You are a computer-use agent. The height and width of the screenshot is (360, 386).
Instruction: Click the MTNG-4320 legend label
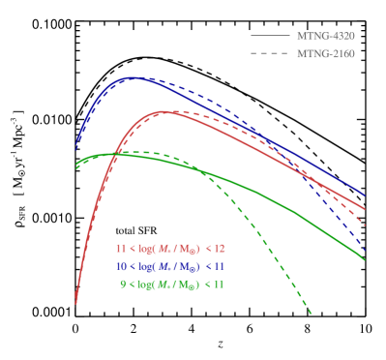tap(326, 36)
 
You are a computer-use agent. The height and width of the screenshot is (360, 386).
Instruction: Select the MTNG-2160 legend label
tap(326, 53)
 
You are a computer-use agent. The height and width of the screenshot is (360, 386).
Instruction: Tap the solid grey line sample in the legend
tap(270, 36)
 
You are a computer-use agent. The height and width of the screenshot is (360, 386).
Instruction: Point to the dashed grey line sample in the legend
tap(270, 53)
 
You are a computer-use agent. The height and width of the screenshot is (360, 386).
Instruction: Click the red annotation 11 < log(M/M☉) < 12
tap(170, 249)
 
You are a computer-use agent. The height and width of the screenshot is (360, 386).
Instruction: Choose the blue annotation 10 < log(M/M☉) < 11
tap(170, 266)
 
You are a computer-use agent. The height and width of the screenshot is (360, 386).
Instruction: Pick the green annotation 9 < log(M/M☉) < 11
tap(172, 284)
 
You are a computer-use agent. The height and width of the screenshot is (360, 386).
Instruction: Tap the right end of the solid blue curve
tap(366, 196)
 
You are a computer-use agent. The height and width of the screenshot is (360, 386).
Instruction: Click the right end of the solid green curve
tap(366, 259)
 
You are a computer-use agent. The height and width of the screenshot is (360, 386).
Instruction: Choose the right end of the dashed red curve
tap(366, 226)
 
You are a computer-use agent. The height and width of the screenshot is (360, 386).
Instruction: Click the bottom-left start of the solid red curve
tap(75, 304)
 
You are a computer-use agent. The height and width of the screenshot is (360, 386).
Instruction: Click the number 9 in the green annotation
tap(122, 284)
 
